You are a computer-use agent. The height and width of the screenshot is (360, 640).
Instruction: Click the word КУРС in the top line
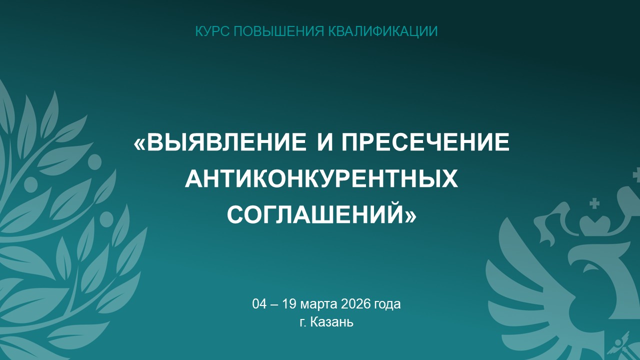(212, 31)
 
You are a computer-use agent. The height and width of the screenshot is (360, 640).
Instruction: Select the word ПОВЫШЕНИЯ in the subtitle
(279, 31)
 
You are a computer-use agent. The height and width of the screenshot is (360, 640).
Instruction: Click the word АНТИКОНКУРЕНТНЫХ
(321, 178)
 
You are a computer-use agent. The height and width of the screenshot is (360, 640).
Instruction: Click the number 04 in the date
(259, 304)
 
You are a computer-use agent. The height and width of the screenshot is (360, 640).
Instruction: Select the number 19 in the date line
(289, 304)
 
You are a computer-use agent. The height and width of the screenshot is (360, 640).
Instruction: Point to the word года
(387, 304)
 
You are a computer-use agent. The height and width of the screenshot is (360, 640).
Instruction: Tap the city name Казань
(332, 322)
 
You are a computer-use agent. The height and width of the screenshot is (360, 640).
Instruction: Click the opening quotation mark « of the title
(140, 142)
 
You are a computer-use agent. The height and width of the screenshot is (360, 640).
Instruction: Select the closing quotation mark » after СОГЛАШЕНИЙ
(410, 214)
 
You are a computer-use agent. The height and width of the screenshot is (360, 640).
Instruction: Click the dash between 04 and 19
(274, 305)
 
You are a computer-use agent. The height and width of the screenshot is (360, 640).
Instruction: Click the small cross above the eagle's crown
(595, 203)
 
